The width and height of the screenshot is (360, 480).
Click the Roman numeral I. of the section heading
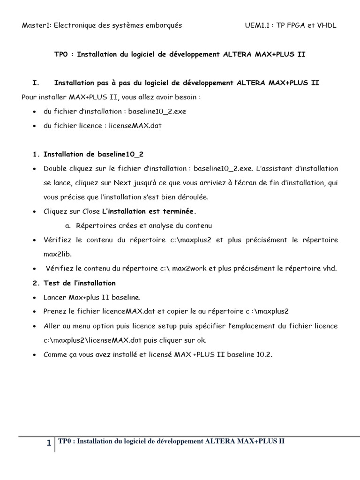point(35,83)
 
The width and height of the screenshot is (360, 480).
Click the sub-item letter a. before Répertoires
point(68,225)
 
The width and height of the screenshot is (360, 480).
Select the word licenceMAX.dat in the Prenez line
point(130,311)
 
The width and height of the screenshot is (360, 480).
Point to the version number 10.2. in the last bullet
point(264,355)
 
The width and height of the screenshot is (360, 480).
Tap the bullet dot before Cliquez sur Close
point(36,212)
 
